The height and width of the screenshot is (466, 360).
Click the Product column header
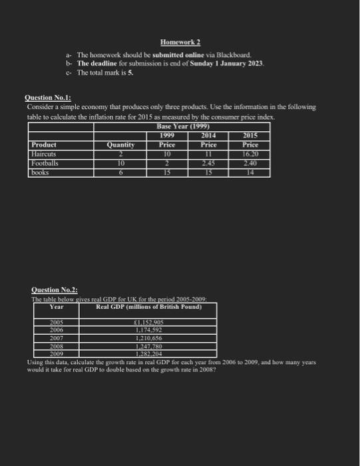pos(44,144)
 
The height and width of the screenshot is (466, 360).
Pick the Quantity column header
pos(120,144)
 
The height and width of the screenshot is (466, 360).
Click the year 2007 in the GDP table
pos(59,338)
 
